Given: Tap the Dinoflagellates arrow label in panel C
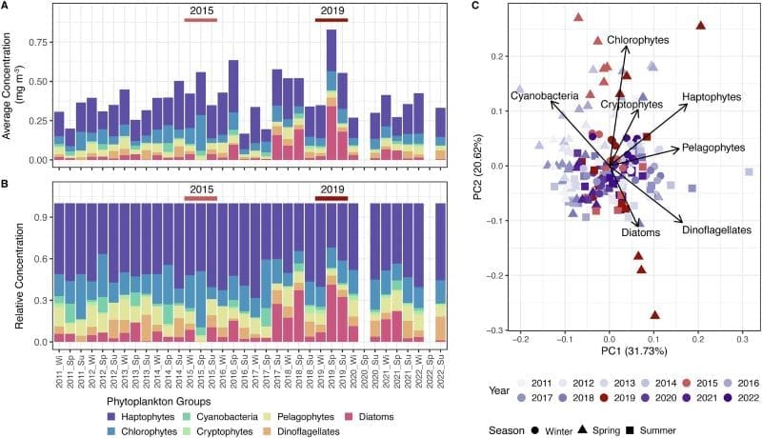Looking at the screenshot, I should tap(716, 229).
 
